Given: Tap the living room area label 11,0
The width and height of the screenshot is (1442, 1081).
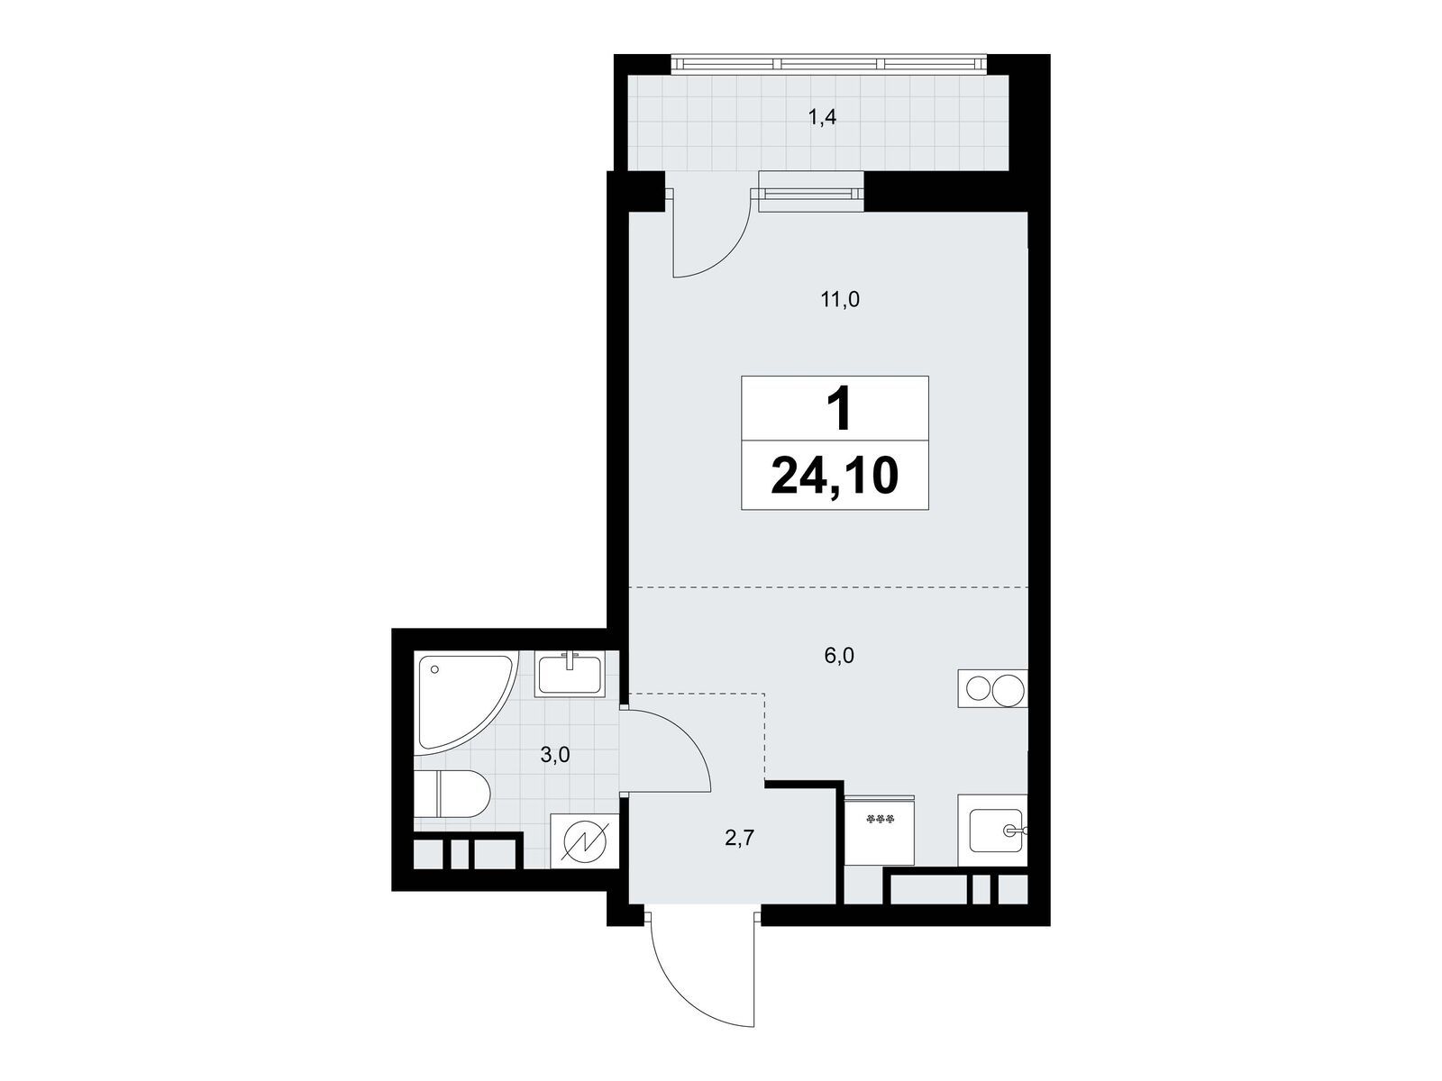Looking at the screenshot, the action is (840, 300).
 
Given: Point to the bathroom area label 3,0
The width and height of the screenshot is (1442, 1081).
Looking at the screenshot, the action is (554, 756).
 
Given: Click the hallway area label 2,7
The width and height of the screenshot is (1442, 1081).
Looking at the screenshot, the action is (739, 838).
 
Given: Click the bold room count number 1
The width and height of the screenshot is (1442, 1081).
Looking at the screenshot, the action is (840, 408).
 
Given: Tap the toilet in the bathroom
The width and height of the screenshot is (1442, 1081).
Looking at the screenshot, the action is (452, 795).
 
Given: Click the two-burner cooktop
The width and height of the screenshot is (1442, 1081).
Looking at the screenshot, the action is (992, 688).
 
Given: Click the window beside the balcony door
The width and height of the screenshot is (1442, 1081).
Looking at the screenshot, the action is (810, 192).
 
